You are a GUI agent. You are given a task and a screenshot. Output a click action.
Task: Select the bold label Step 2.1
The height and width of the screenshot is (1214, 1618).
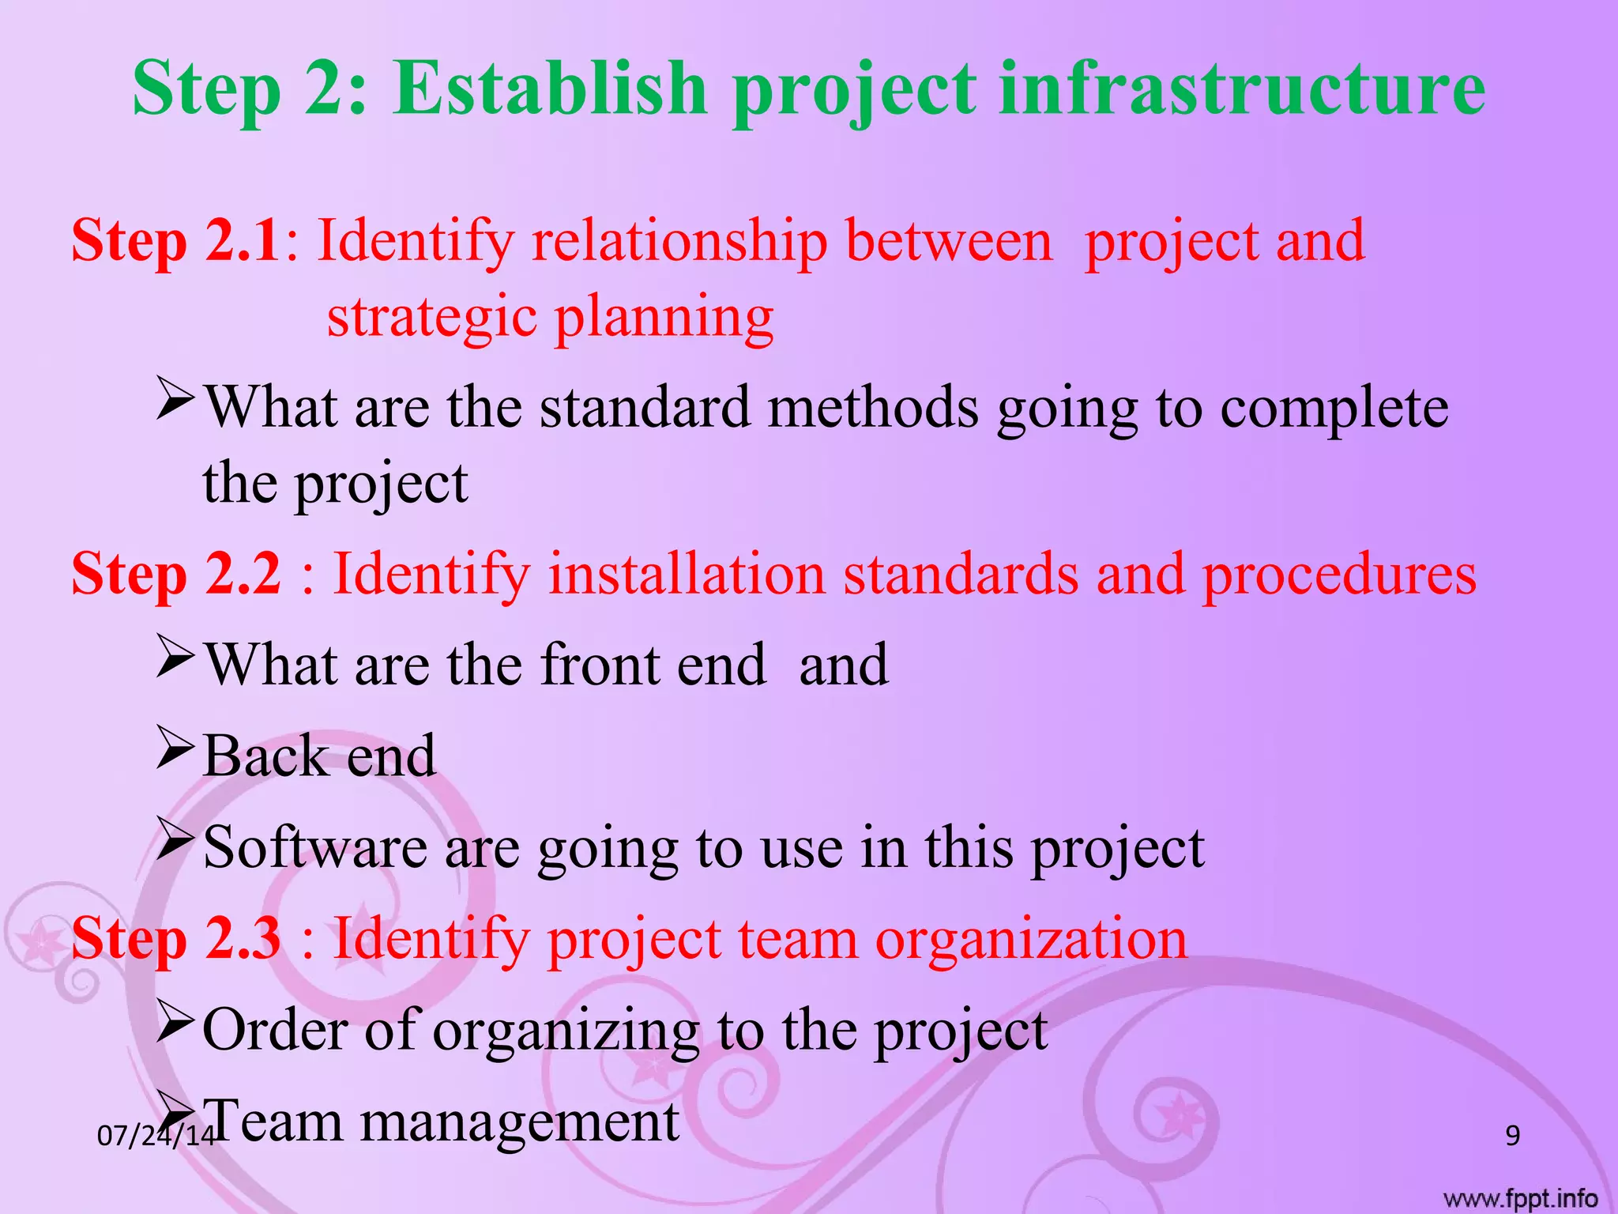(x=175, y=240)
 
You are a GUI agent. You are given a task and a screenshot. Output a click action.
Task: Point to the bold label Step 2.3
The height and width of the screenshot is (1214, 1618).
(x=175, y=938)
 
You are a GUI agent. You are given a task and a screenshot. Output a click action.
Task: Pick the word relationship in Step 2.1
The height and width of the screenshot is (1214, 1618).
(x=679, y=240)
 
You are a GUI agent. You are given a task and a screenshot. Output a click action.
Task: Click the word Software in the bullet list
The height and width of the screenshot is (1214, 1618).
(x=315, y=847)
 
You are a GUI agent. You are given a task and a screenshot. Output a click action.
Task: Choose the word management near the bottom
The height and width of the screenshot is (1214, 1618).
(x=519, y=1121)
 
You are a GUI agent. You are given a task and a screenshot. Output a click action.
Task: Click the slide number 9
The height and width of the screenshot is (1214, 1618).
(x=1512, y=1136)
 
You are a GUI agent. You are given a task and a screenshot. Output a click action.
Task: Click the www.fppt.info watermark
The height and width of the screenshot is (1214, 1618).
(x=1520, y=1199)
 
